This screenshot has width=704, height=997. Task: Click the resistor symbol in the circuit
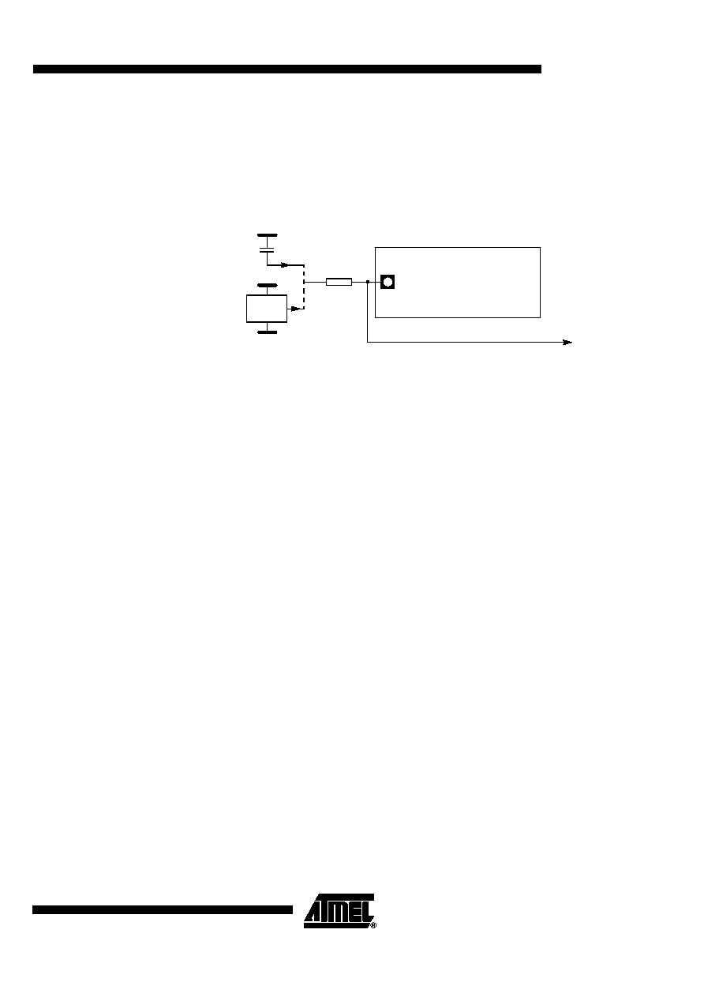pyautogui.click(x=339, y=282)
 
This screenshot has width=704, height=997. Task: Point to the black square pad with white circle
pyautogui.click(x=388, y=282)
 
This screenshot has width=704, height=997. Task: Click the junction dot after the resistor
pyautogui.click(x=368, y=282)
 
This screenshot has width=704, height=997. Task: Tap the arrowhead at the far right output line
pyautogui.click(x=567, y=343)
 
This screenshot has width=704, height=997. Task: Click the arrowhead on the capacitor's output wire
pyautogui.click(x=284, y=265)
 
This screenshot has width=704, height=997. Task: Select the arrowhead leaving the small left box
pyautogui.click(x=295, y=309)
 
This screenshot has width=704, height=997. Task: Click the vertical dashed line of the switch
pyautogui.click(x=304, y=287)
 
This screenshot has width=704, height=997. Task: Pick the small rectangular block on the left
pyautogui.click(x=267, y=309)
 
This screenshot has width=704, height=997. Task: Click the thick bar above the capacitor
pyautogui.click(x=267, y=235)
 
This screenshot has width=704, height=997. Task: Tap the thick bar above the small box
pyautogui.click(x=267, y=285)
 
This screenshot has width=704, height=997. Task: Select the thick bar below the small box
pyautogui.click(x=267, y=332)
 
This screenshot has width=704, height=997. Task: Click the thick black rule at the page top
pyautogui.click(x=287, y=69)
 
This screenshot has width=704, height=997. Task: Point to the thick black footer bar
pyautogui.click(x=163, y=909)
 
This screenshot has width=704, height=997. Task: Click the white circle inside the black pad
pyautogui.click(x=388, y=282)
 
